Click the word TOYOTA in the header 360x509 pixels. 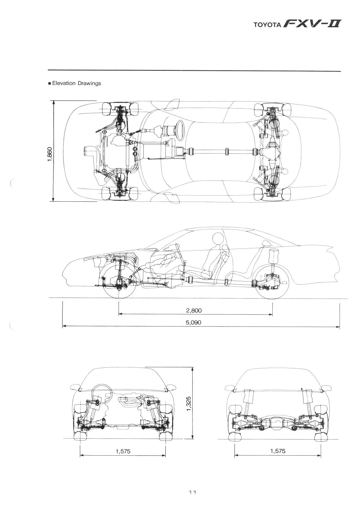click(267, 25)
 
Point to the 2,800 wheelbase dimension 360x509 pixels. click(194, 311)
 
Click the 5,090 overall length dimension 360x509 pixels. click(194, 322)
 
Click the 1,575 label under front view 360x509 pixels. click(123, 451)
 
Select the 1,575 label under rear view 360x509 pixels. click(278, 451)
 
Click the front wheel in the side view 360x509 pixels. click(119, 280)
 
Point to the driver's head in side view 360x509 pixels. click(218, 239)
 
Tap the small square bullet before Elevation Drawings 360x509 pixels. click(50, 84)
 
